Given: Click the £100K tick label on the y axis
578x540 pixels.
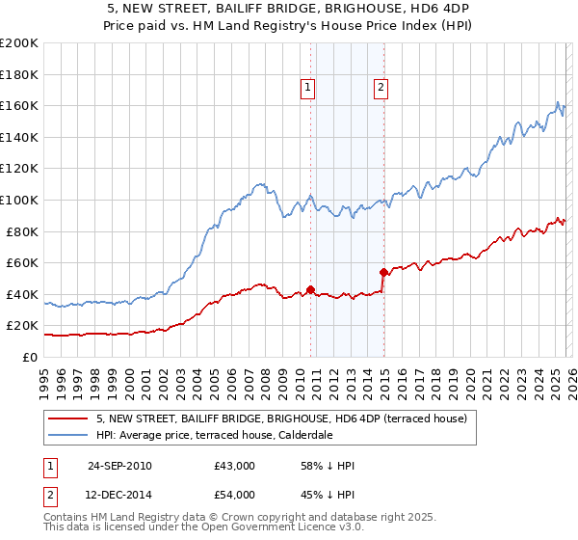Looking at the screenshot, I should [19, 200].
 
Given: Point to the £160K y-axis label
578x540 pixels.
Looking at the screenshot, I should [19, 105].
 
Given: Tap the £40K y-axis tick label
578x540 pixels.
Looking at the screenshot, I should [22, 294].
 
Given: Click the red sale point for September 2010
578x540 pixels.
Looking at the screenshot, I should [310, 288].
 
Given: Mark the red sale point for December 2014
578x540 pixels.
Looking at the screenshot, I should [383, 271].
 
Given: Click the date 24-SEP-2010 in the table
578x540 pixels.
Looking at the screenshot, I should [119, 466].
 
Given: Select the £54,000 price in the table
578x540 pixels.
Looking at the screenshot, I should [235, 495].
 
